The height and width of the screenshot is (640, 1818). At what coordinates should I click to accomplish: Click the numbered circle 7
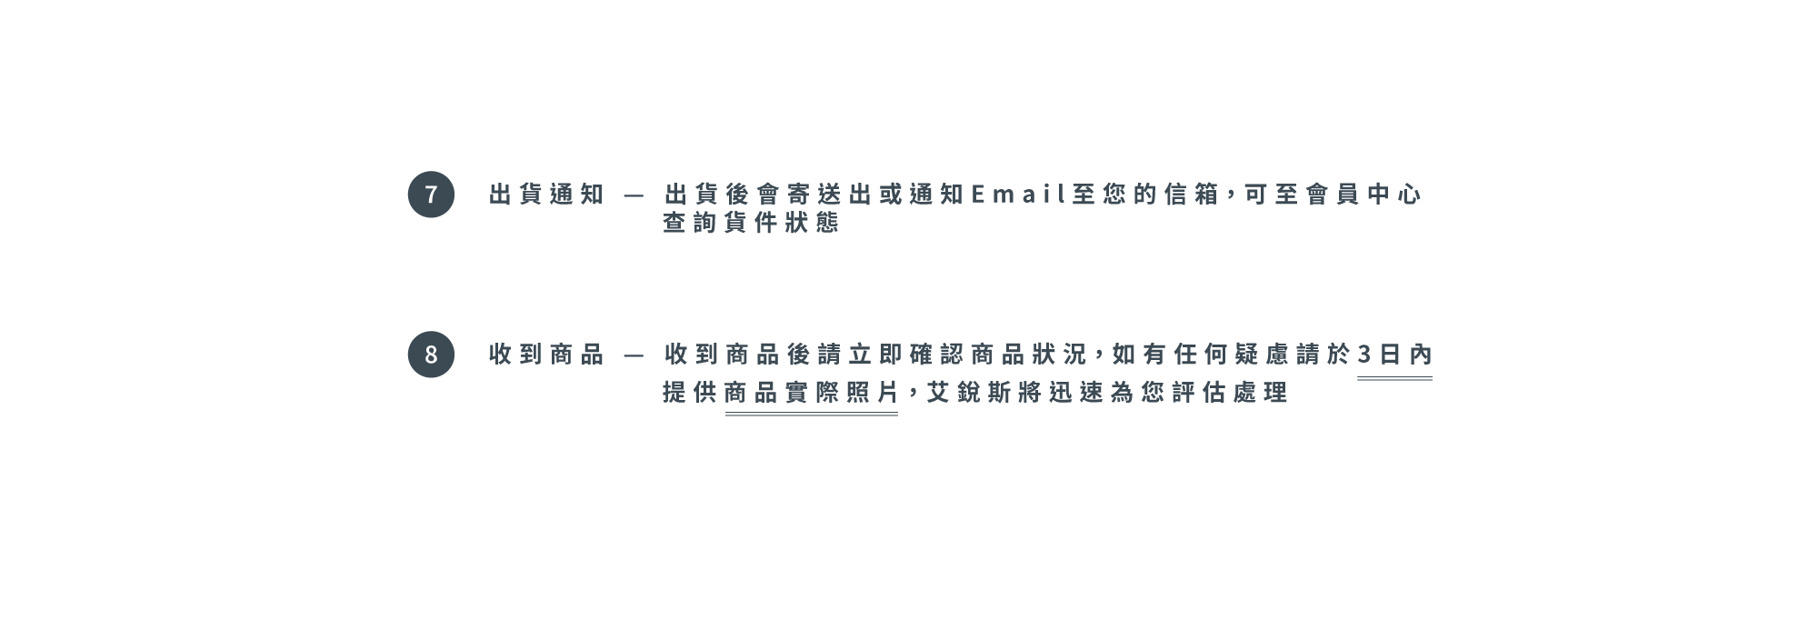click(x=431, y=195)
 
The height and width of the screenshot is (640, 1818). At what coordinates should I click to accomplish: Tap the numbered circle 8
click(x=431, y=355)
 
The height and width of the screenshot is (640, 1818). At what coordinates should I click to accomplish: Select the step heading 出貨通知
click(x=546, y=195)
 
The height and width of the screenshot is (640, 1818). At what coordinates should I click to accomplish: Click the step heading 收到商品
click(x=546, y=355)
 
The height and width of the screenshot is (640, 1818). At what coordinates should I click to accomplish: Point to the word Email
click(x=1018, y=195)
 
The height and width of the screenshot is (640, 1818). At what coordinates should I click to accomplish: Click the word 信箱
click(x=1192, y=195)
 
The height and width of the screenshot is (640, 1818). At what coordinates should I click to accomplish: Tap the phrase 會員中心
click(x=1363, y=195)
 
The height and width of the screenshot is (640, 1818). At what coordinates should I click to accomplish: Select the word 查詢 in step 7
click(x=690, y=223)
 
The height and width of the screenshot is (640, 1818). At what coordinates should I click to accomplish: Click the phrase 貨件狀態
click(x=782, y=223)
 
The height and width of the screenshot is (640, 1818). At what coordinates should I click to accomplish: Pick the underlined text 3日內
click(x=1394, y=355)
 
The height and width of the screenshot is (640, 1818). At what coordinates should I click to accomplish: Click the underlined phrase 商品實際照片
click(x=812, y=393)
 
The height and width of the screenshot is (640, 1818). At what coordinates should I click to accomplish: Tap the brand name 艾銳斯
click(x=969, y=393)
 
